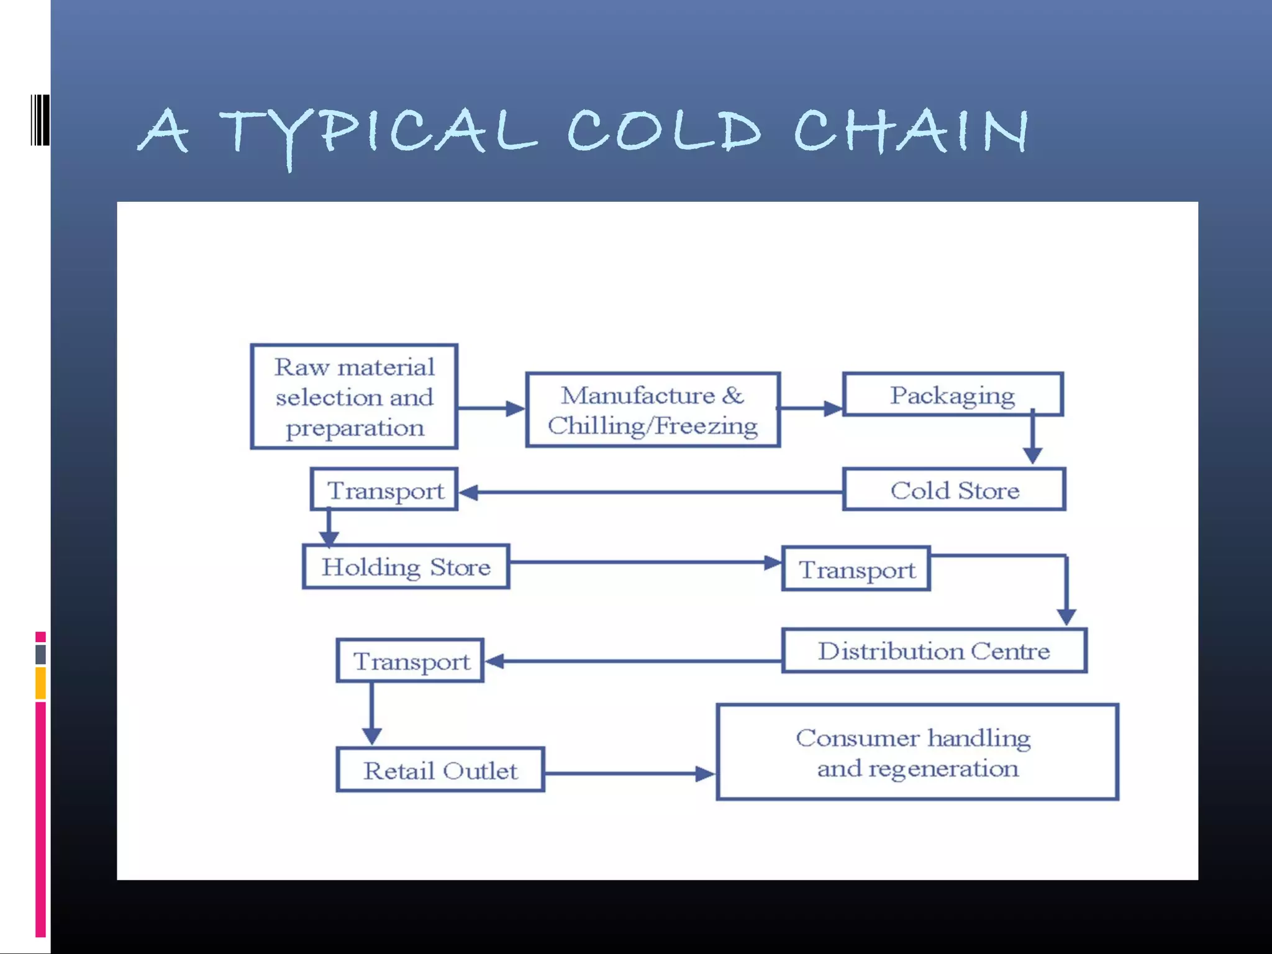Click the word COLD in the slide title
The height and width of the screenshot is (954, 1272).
point(663,130)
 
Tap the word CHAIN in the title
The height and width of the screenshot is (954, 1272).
point(911,130)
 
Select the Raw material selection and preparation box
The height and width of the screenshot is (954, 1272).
point(354,396)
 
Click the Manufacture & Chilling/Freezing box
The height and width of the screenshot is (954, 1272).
point(653,410)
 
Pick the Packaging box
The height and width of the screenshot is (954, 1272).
point(952,394)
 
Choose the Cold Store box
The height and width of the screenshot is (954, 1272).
point(954,490)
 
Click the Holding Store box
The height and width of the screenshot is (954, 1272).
point(406,566)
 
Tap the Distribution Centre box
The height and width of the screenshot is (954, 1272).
point(934,650)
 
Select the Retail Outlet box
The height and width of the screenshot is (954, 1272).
point(440,770)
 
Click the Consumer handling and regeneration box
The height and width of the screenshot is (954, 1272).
point(917,752)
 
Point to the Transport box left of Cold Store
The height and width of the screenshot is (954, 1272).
point(384,490)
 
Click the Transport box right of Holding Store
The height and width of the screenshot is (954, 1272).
point(856,569)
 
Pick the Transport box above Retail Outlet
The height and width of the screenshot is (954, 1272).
point(411,661)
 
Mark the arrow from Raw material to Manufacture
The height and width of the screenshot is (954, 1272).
point(491,408)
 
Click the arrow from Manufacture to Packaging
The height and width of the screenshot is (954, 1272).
point(811,408)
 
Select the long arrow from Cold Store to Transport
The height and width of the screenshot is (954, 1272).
point(652,492)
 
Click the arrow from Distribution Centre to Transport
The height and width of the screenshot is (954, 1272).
point(634,661)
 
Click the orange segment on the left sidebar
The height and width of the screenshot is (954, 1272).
point(40,683)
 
